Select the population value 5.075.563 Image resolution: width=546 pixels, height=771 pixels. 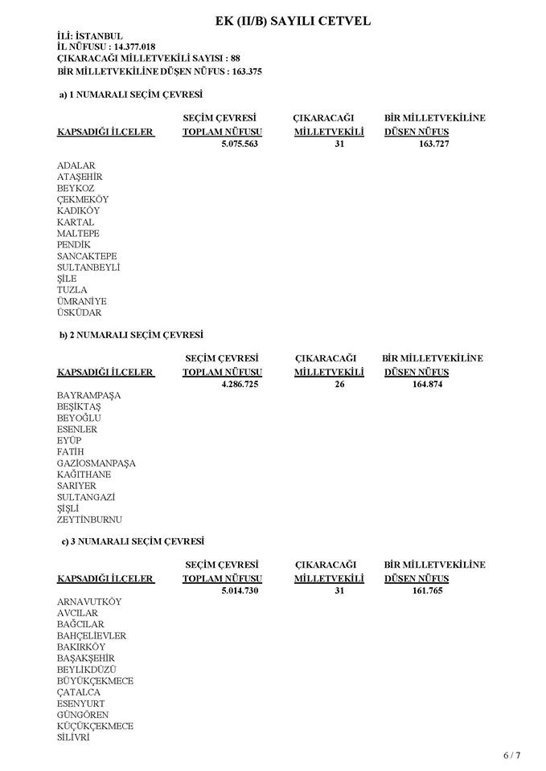pyautogui.click(x=239, y=144)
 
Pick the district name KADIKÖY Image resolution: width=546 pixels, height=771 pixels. pyautogui.click(x=78, y=210)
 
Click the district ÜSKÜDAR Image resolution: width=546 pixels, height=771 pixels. pyautogui.click(x=80, y=312)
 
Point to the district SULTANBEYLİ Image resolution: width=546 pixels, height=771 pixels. pyautogui.click(x=88, y=267)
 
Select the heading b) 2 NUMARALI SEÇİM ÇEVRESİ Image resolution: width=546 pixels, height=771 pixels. pyautogui.click(x=131, y=334)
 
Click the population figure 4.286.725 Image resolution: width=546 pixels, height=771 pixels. pyautogui.click(x=239, y=384)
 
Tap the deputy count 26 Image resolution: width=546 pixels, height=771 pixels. pyautogui.click(x=339, y=384)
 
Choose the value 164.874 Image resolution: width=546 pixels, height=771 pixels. pyautogui.click(x=427, y=384)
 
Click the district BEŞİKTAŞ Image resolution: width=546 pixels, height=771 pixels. pyautogui.click(x=79, y=407)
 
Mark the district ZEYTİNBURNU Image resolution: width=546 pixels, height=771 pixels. pyautogui.click(x=89, y=520)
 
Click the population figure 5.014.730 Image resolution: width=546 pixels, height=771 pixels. pyautogui.click(x=239, y=590)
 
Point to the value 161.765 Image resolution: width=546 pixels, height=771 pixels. pyautogui.click(x=427, y=590)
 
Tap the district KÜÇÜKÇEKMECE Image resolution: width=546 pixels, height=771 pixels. pyautogui.click(x=95, y=726)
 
